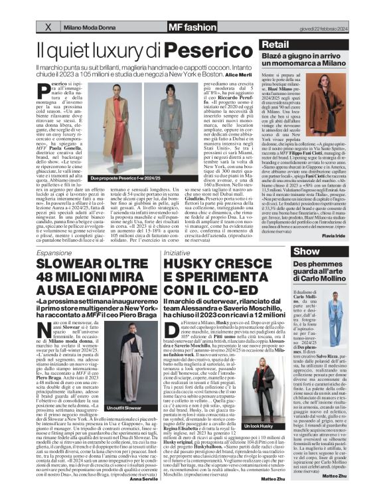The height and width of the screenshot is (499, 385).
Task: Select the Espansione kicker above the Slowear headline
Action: [56, 253]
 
